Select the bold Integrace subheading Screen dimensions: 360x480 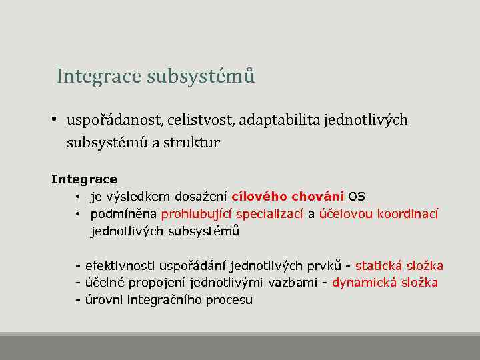click(x=84, y=179)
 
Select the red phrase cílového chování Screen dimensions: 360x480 click(x=287, y=197)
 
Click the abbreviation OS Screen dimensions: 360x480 click(x=357, y=197)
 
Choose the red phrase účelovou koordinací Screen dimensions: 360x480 click(x=379, y=214)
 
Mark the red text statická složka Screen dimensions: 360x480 click(x=399, y=267)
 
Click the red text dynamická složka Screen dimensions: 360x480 click(x=385, y=283)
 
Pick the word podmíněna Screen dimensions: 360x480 click(x=124, y=214)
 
